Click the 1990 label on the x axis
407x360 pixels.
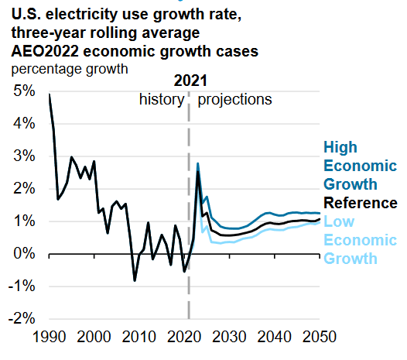48,338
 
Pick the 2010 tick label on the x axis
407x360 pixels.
139,338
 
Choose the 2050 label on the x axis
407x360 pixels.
320,338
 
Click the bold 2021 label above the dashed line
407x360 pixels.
190,81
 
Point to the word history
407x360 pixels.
162,100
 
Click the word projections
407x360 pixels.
235,100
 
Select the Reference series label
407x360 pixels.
360,204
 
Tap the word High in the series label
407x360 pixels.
340,147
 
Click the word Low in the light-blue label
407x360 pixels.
338,222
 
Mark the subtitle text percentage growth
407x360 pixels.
69,69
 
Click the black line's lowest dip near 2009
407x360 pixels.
135,280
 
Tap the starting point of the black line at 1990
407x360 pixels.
49,94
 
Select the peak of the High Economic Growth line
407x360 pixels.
198,163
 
